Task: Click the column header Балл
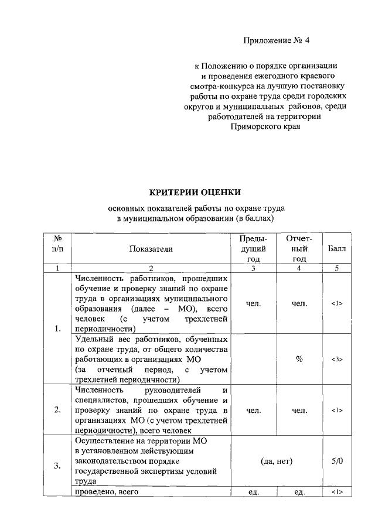(337, 249)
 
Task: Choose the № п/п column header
(58, 249)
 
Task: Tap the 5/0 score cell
(337, 461)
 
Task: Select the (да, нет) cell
(277, 461)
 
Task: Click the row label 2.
(57, 410)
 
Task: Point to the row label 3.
(57, 466)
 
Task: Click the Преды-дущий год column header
(253, 249)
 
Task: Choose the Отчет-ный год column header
(299, 249)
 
